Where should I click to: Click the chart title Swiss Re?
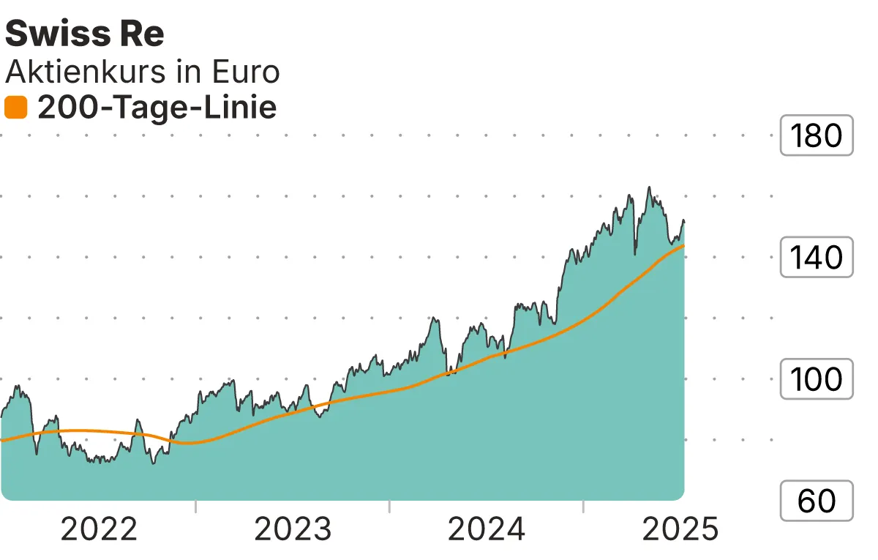pyautogui.click(x=85, y=34)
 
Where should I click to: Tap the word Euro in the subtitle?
pyautogui.click(x=245, y=72)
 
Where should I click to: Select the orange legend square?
pyautogui.click(x=15, y=108)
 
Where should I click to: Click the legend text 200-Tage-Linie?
pyautogui.click(x=157, y=108)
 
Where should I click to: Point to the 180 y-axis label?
pyautogui.click(x=817, y=135)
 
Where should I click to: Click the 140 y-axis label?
pyautogui.click(x=817, y=258)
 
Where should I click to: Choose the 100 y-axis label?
pyautogui.click(x=817, y=379)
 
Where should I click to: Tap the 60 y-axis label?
pyautogui.click(x=817, y=501)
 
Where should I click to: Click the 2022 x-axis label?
pyautogui.click(x=99, y=529)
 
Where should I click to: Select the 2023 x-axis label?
pyautogui.click(x=293, y=529)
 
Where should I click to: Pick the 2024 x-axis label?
pyautogui.click(x=487, y=529)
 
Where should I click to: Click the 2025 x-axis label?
pyautogui.click(x=680, y=529)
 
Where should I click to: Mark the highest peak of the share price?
pyautogui.click(x=649, y=187)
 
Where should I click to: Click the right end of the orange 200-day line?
pyautogui.click(x=683, y=246)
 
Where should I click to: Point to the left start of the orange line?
pyautogui.click(x=3, y=441)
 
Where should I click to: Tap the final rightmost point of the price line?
pyautogui.click(x=683, y=221)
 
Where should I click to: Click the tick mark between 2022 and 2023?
pyautogui.click(x=196, y=507)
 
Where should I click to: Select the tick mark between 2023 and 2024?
pyautogui.click(x=390, y=507)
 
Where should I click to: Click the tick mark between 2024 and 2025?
pyautogui.click(x=584, y=507)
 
